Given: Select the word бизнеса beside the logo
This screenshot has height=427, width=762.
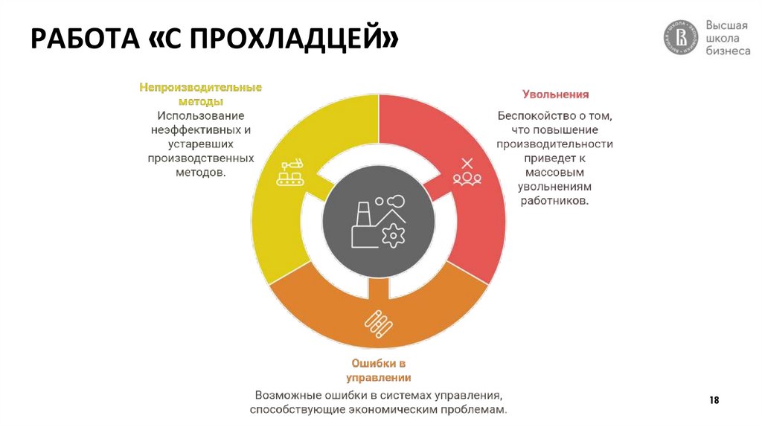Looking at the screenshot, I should pyautogui.click(x=727, y=53).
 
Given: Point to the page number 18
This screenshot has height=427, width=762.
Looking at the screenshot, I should pyautogui.click(x=714, y=401).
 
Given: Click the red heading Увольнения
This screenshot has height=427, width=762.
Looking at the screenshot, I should pyautogui.click(x=555, y=94).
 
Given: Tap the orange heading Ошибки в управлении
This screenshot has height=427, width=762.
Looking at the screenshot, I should pyautogui.click(x=379, y=370).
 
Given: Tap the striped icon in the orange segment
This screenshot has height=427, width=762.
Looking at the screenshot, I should pyautogui.click(x=379, y=321).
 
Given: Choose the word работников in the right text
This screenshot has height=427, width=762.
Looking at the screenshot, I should pyautogui.click(x=555, y=201).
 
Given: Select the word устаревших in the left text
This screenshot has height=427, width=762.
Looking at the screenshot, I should pyautogui.click(x=201, y=144).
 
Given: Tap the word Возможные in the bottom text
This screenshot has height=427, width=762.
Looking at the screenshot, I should pyautogui.click(x=285, y=394).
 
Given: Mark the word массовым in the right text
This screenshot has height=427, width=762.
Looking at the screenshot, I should pyautogui.click(x=555, y=173).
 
